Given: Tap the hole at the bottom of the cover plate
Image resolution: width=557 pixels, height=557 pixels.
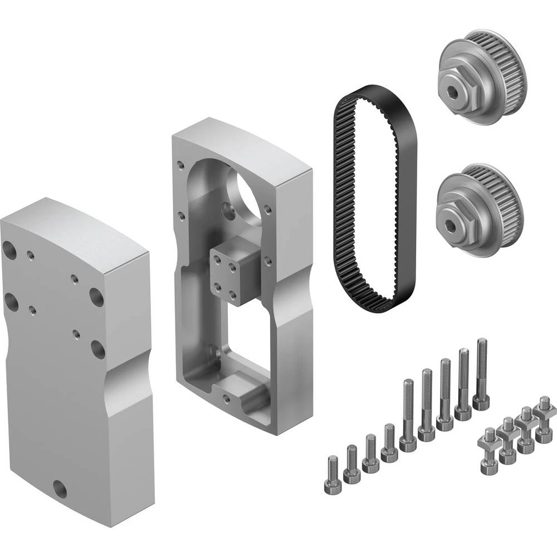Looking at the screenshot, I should coord(60,490).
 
